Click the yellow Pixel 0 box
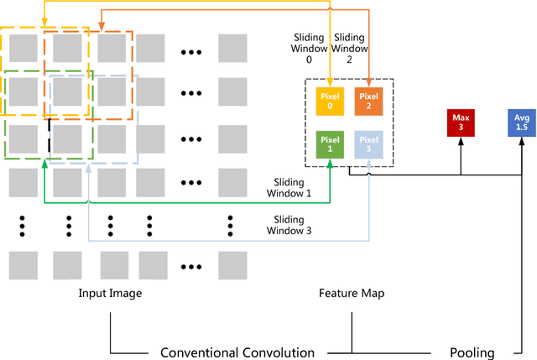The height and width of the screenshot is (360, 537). pyautogui.click(x=329, y=102)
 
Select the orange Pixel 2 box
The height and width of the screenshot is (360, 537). pyautogui.click(x=368, y=102)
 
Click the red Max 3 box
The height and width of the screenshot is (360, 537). pyautogui.click(x=461, y=123)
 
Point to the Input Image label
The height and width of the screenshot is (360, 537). pyautogui.click(x=110, y=293)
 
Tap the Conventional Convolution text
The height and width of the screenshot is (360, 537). pyautogui.click(x=237, y=352)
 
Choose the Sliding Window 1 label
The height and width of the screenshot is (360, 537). pyautogui.click(x=288, y=187)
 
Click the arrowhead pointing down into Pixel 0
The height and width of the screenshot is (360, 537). pyautogui.click(x=329, y=83)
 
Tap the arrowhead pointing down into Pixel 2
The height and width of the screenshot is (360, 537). pyautogui.click(x=368, y=83)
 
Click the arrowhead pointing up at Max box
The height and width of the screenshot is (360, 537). pyautogui.click(x=461, y=142)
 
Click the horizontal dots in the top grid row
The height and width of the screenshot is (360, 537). pyautogui.click(x=191, y=52)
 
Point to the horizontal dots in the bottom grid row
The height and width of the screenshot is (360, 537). pyautogui.click(x=191, y=268)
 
